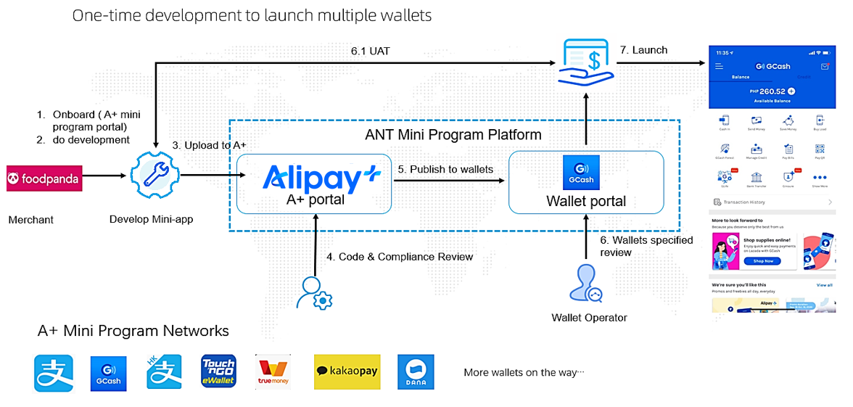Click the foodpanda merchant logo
click(44, 176)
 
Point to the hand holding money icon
click(587, 62)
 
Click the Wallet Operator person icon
click(586, 284)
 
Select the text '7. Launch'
click(643, 50)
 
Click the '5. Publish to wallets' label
click(445, 169)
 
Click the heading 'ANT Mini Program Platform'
click(453, 134)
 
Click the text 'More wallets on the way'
click(524, 373)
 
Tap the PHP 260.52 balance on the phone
click(771, 91)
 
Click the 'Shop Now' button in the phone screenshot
click(763, 261)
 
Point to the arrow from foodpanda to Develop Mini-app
click(104, 176)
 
